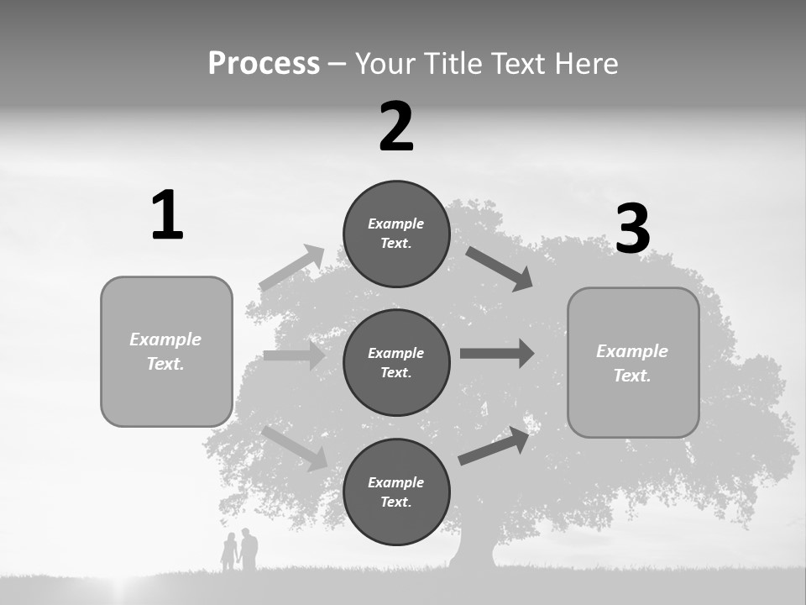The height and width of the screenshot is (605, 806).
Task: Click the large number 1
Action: [x=167, y=215]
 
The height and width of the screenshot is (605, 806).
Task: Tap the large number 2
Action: [x=396, y=127]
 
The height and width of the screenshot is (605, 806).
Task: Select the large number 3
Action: [x=633, y=229]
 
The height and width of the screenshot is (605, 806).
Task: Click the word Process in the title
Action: [x=264, y=63]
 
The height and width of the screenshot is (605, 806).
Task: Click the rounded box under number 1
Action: [x=166, y=351]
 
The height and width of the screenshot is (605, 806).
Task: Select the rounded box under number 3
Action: [x=633, y=362]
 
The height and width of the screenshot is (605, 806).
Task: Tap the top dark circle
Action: [x=396, y=234]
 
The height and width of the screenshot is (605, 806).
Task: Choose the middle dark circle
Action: [x=396, y=362]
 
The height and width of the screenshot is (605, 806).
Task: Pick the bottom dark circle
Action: [x=396, y=492]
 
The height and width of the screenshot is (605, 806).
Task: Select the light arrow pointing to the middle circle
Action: [x=294, y=355]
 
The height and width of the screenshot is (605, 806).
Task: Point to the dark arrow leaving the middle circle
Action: [x=497, y=353]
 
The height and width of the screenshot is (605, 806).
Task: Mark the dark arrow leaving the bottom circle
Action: [x=494, y=445]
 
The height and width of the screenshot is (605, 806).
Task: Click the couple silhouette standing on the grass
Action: [x=239, y=550]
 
